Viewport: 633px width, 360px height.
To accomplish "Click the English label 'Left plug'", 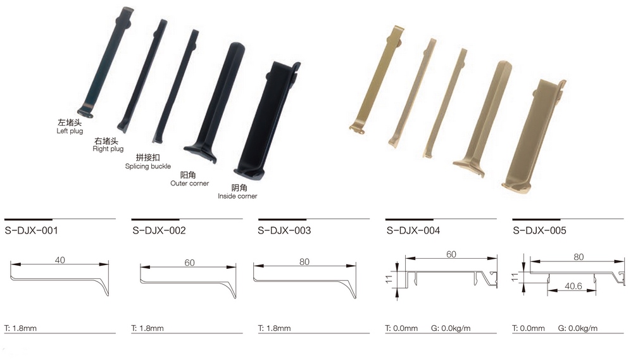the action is (x=70, y=131).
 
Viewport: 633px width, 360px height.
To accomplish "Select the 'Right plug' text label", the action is (x=108, y=149).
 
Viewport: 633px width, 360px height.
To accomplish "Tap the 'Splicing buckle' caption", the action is (x=147, y=166).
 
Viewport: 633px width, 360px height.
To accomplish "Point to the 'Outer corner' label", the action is (x=189, y=183).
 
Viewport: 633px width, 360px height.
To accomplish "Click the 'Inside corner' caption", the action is (x=237, y=196).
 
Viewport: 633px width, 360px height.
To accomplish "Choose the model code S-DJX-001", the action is (x=32, y=230).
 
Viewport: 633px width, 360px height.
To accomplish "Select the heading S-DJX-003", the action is (x=284, y=230).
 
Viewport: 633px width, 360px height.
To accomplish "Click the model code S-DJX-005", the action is (x=539, y=230).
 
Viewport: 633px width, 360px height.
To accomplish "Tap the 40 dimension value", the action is (x=60, y=260).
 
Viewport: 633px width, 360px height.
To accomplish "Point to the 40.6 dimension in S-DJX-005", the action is (x=573, y=286).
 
